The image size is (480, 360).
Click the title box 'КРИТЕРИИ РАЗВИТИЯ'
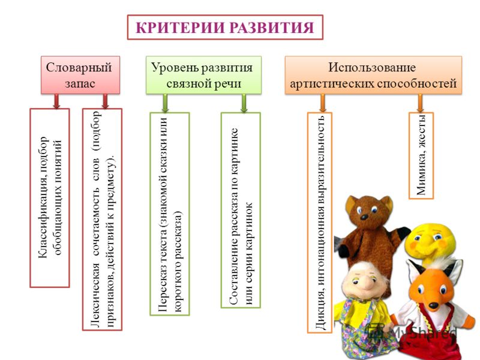coord(225,27)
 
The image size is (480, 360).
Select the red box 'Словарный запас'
coord(80,75)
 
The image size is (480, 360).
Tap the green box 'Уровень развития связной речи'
coord(203,75)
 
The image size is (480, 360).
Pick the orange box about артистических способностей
coord(373,75)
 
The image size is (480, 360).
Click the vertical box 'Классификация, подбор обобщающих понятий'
coord(50,198)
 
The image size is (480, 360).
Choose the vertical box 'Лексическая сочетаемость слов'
coord(102,220)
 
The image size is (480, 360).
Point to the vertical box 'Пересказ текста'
coord(170,214)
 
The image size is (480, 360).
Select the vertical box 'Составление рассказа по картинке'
coord(241,210)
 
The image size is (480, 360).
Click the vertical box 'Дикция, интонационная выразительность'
coord(320,223)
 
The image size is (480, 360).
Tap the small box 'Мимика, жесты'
coord(421,156)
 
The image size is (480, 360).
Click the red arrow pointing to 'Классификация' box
coord(56,101)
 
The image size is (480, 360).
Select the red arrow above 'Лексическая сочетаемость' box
coord(106,101)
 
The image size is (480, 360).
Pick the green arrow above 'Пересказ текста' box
coord(166,103)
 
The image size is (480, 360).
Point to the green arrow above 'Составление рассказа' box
coord(244,103)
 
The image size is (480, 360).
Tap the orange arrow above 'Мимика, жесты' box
coord(421,103)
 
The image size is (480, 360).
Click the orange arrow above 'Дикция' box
coord(323,103)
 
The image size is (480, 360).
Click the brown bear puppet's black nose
coord(364,217)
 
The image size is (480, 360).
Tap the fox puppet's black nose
coord(433,305)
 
